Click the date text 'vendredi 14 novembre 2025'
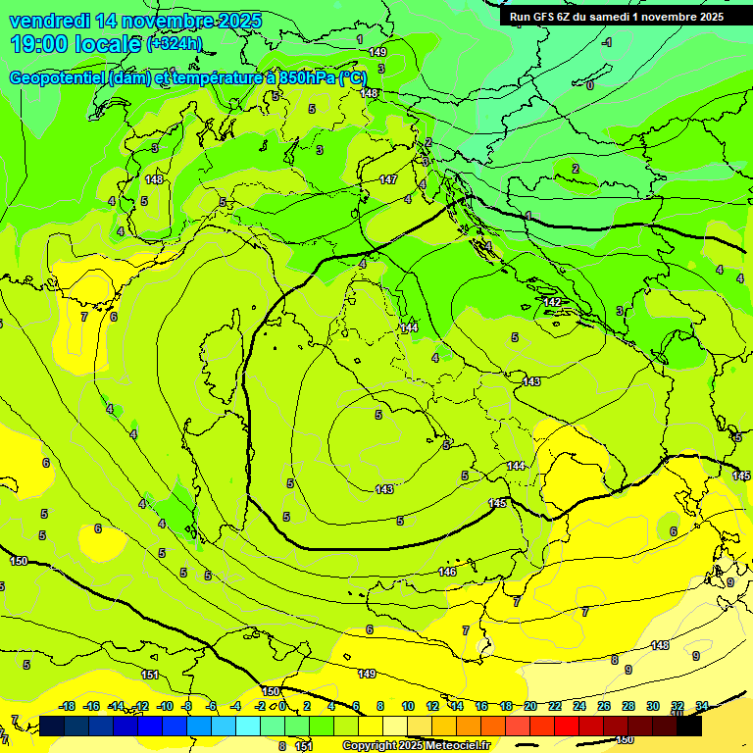(x=135, y=21)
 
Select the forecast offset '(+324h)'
(x=174, y=44)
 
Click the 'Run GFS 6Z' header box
(x=614, y=16)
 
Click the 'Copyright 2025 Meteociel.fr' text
(x=416, y=745)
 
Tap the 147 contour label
(x=388, y=179)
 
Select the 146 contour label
(x=447, y=572)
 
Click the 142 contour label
(x=553, y=302)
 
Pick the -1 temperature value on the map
(x=607, y=42)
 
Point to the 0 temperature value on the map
(x=589, y=85)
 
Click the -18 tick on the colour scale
(x=67, y=706)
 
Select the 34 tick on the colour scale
(x=702, y=706)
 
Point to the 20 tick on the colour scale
(x=529, y=706)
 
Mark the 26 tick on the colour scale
(x=603, y=706)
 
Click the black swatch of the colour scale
(x=688, y=726)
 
